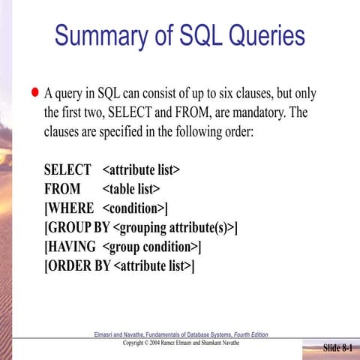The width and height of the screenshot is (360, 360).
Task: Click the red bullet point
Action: pos(34,94)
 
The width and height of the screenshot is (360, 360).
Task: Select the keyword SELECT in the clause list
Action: pos(67,170)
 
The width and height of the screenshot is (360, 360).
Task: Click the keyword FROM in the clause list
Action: pos(63,189)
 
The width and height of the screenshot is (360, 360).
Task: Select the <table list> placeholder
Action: pos(131,189)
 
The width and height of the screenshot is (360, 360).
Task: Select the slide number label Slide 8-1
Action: pos(337,349)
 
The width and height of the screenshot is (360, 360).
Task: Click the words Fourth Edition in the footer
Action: pos(247,334)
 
